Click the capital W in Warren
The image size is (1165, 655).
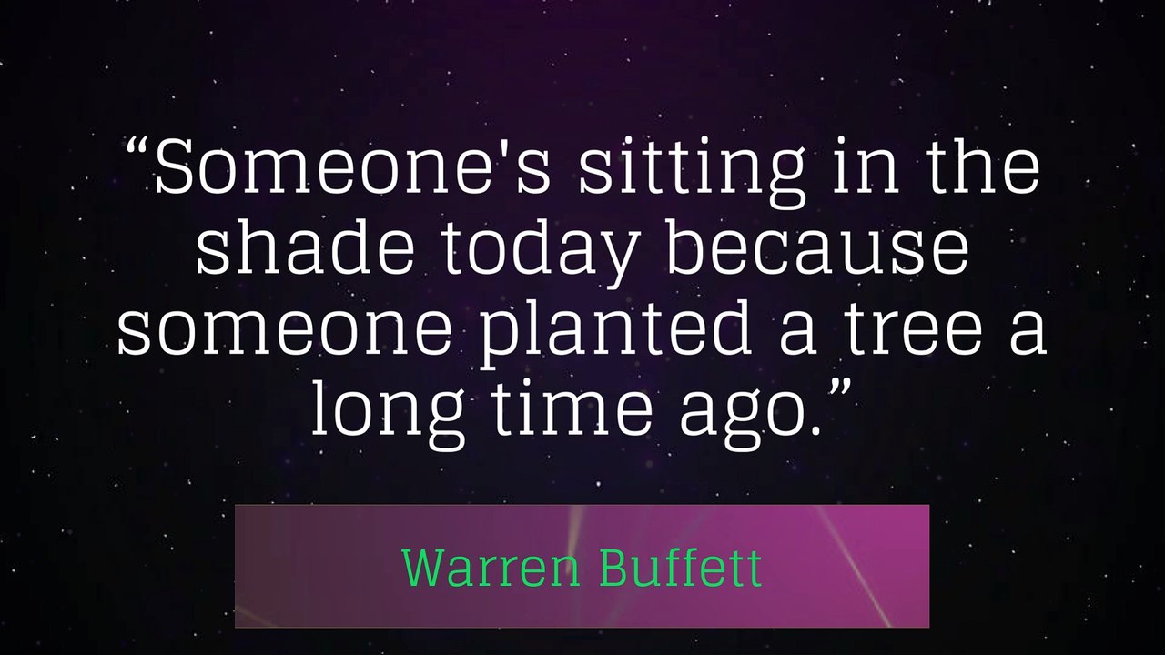[x=421, y=568]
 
